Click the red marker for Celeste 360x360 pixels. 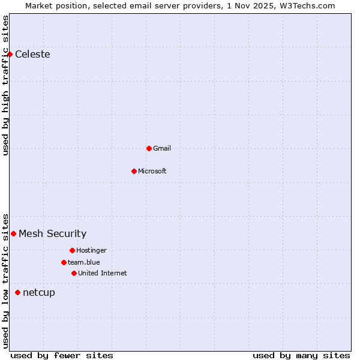(x=10, y=54)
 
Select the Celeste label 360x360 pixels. (x=32, y=55)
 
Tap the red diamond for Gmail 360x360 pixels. (x=149, y=148)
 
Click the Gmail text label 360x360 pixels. (x=162, y=148)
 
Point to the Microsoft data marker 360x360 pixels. (x=134, y=171)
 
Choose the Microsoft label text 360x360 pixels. (x=152, y=171)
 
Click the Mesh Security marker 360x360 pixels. (x=13, y=233)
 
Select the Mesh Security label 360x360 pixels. (x=53, y=234)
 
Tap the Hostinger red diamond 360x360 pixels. (x=72, y=250)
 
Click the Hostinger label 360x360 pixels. (x=91, y=250)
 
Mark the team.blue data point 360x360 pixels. (x=64, y=262)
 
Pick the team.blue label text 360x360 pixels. (x=84, y=262)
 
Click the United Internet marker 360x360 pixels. (x=74, y=273)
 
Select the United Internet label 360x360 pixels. (x=103, y=273)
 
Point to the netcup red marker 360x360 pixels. (x=17, y=292)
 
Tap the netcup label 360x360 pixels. (x=39, y=293)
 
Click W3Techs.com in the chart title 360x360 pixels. (x=307, y=5)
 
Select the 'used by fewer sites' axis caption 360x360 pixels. (x=62, y=355)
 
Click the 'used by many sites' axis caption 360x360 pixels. (x=301, y=355)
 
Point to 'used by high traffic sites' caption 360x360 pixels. (x=5, y=85)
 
